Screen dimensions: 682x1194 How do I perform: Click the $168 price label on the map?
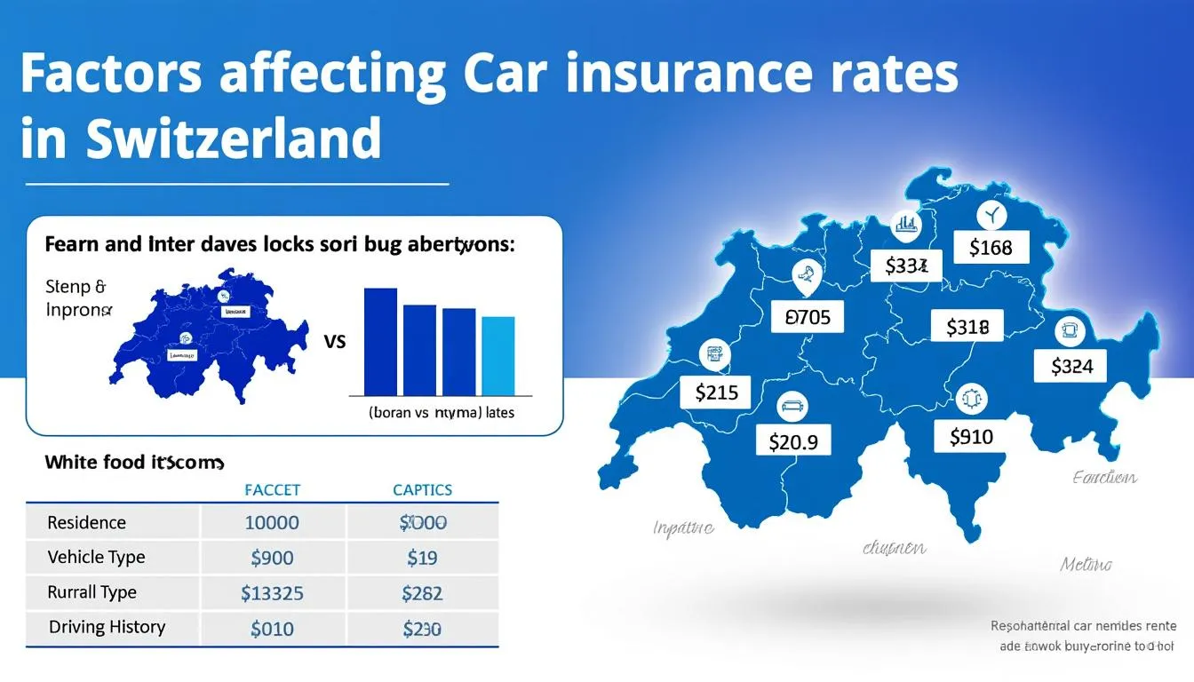[990, 248]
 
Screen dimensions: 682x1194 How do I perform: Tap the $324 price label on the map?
[1071, 365]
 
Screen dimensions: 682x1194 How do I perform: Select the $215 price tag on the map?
[715, 392]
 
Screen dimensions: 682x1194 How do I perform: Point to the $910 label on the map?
[970, 436]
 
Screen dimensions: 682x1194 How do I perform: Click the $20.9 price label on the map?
[792, 440]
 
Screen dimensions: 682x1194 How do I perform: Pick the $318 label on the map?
[967, 328]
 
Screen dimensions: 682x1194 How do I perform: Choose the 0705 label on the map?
[808, 315]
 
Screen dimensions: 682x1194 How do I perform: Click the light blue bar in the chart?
[497, 355]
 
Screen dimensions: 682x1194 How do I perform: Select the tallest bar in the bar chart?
[380, 341]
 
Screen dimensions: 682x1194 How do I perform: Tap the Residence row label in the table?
[86, 522]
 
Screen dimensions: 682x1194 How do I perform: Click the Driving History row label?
[107, 627]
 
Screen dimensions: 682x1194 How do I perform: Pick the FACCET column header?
[272, 490]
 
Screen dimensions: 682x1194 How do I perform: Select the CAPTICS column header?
[422, 490]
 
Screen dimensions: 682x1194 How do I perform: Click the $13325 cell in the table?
[272, 592]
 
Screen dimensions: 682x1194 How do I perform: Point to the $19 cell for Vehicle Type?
[422, 558]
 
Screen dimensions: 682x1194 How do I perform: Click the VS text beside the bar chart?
[336, 341]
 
